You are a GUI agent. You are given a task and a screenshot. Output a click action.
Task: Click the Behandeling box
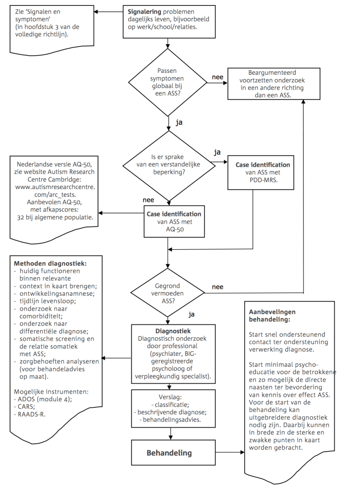169,453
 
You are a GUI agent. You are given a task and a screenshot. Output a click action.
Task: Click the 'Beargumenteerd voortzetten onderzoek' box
267,84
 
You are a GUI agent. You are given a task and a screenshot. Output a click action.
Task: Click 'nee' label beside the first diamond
217,77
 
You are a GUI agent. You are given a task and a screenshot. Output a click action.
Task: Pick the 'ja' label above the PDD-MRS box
218,151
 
